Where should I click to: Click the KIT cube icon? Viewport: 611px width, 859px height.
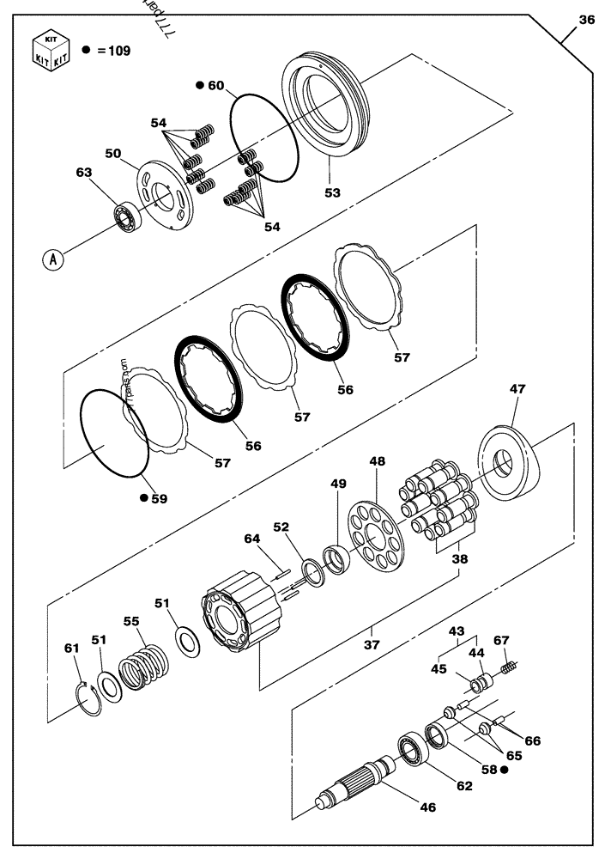50,49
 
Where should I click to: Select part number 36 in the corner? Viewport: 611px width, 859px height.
587,21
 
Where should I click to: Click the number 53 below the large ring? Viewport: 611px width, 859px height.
332,192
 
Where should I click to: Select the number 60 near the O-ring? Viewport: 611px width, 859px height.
215,85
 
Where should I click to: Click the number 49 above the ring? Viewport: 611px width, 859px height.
339,484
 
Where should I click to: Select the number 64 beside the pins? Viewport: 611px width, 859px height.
251,539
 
